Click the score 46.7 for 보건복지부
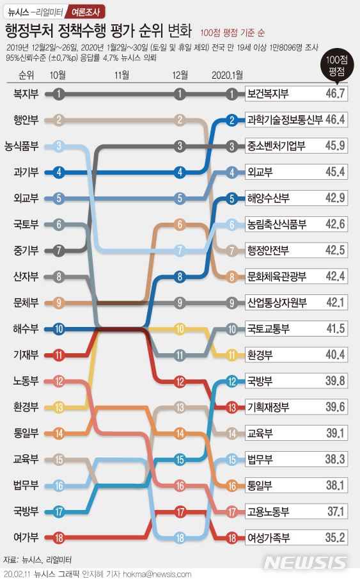pyautogui.click(x=334, y=94)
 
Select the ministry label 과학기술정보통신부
pyautogui.click(x=285, y=120)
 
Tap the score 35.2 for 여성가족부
pyautogui.click(x=334, y=537)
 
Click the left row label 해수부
pyautogui.click(x=26, y=329)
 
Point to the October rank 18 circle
pyautogui.click(x=59, y=537)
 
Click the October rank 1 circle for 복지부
pyautogui.click(x=59, y=94)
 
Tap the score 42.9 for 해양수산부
pyautogui.click(x=334, y=198)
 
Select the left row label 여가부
pyautogui.click(x=26, y=537)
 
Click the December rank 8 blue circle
pyautogui.click(x=180, y=277)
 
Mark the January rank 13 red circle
pyautogui.click(x=232, y=408)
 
